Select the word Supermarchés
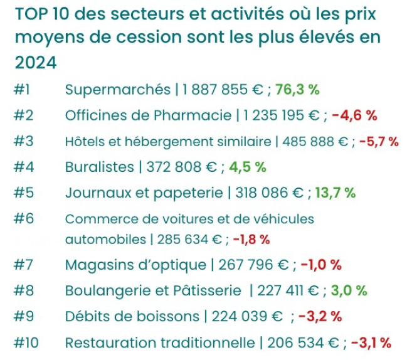[x=117, y=89]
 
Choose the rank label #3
[x=23, y=141]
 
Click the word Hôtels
[x=85, y=141]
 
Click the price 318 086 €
[x=269, y=193]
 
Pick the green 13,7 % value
[x=335, y=193]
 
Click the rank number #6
[x=23, y=219]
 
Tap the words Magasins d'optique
[x=135, y=265]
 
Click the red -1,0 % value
[x=321, y=265]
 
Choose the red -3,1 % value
[x=371, y=342]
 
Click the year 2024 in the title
[x=36, y=63]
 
